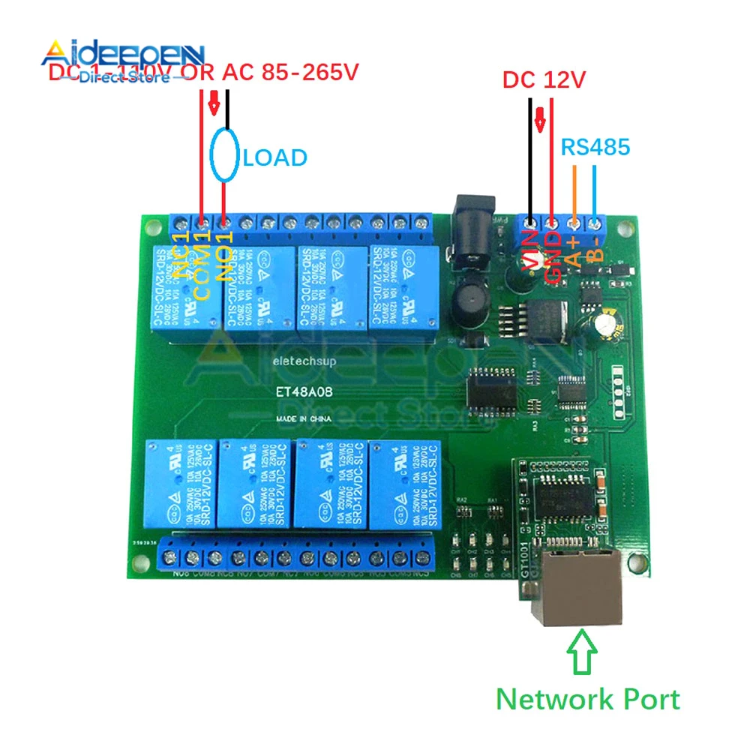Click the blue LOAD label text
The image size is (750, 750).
pos(275,157)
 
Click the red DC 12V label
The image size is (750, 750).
pos(542,80)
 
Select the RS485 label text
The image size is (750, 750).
pos(595,147)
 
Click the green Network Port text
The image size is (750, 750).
pos(588,699)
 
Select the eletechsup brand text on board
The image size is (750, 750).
pos(297,361)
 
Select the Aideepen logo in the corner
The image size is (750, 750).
pos(124,60)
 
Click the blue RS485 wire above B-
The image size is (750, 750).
pos(595,191)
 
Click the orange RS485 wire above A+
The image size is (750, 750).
pos(574,191)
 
